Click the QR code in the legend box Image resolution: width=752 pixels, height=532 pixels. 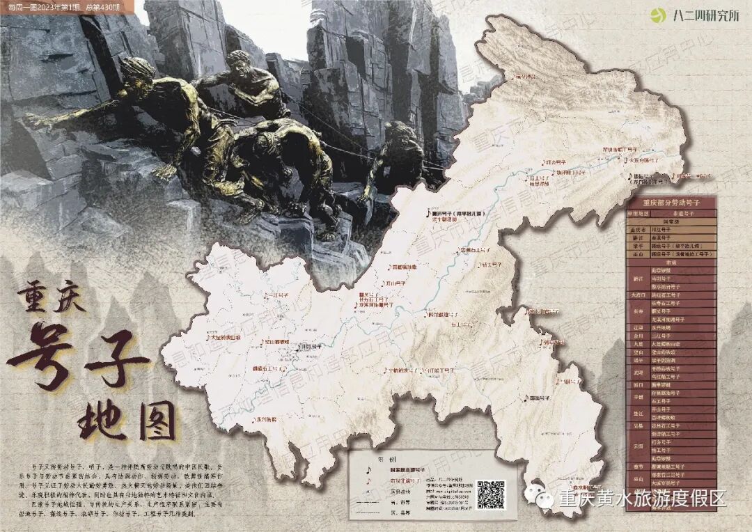pyautogui.click(x=490, y=493)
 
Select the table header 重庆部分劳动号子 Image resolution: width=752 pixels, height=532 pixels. pyautogui.click(x=670, y=202)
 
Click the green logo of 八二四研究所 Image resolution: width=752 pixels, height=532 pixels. pyautogui.click(x=657, y=15)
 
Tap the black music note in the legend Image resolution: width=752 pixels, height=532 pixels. pyautogui.click(x=368, y=469)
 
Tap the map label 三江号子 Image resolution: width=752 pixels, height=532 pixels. pyautogui.click(x=277, y=295)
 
